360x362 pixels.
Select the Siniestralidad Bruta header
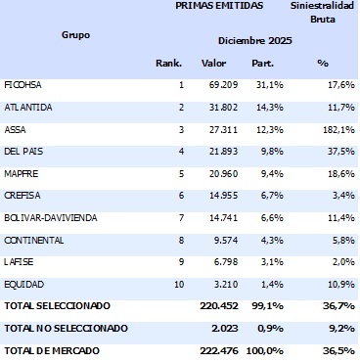point(322,12)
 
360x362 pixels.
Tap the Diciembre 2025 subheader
point(254,40)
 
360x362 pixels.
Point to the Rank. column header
point(169,64)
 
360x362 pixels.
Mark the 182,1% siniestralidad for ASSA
point(337,127)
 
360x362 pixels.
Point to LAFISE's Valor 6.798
point(215,261)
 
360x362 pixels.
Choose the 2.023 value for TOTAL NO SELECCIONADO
point(214,329)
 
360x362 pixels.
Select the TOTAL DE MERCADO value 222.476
point(208,349)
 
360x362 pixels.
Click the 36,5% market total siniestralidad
point(338,349)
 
